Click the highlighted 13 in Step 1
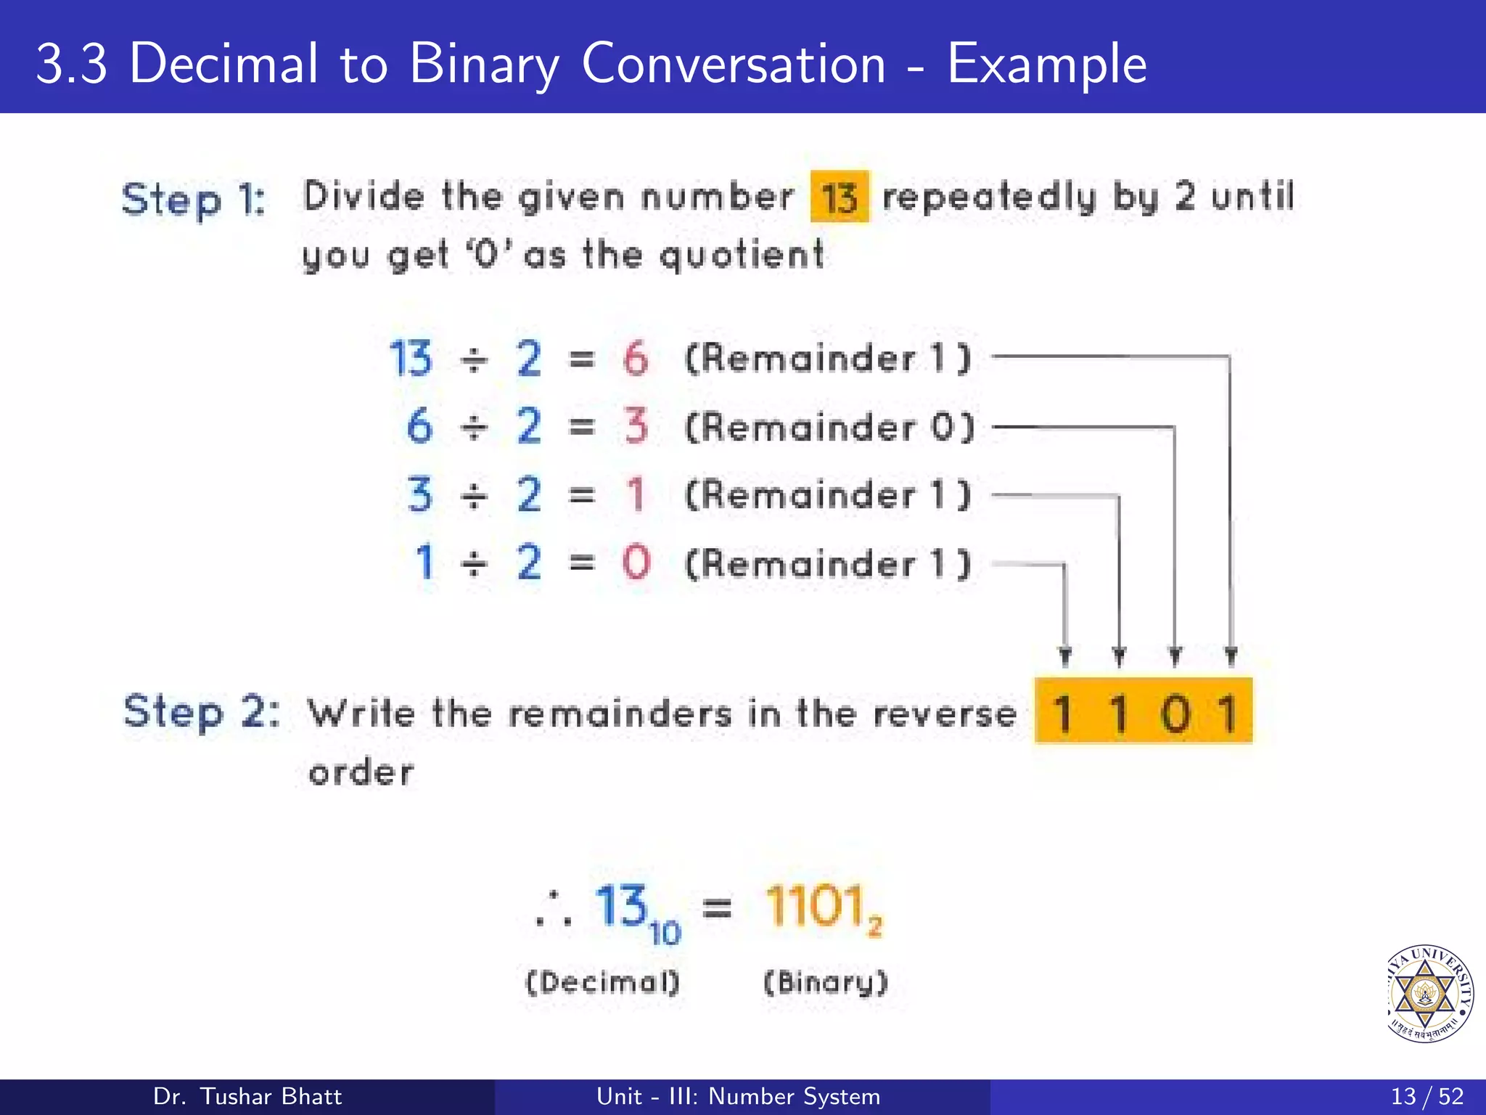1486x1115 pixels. [840, 197]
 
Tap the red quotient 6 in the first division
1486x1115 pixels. [636, 359]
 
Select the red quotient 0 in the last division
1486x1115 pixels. [636, 563]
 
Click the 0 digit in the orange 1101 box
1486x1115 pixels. [1175, 714]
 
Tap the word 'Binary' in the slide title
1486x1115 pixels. [484, 65]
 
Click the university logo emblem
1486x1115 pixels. [1428, 993]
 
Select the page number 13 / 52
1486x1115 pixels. [1427, 1096]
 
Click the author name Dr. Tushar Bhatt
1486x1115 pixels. [247, 1096]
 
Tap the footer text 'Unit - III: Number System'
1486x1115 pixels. [738, 1096]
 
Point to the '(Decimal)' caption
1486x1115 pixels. [602, 983]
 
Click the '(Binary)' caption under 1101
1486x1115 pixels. [826, 983]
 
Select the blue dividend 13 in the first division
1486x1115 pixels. [411, 359]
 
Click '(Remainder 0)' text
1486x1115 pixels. [829, 427]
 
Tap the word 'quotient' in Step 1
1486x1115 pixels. [742, 256]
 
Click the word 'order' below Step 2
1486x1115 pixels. [361, 772]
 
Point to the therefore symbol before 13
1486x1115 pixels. [554, 910]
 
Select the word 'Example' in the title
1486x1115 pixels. [1047, 65]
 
